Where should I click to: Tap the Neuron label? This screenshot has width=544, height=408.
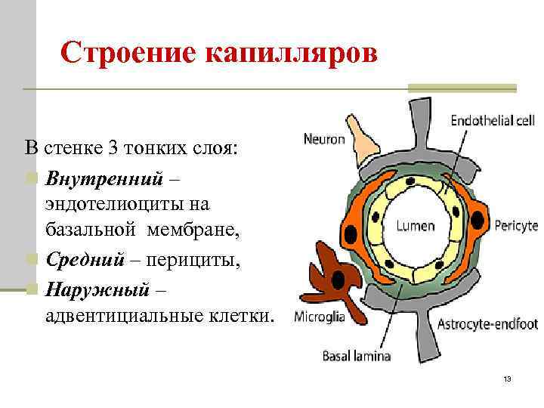tap(324, 139)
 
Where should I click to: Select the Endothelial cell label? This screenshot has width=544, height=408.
tap(493, 120)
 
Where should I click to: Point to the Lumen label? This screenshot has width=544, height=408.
tap(415, 225)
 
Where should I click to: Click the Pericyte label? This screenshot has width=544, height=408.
tap(516, 225)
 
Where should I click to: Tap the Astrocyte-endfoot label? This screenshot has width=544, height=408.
tap(487, 325)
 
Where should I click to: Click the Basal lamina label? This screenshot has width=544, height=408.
tap(357, 355)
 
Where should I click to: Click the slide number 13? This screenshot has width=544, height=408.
tap(507, 379)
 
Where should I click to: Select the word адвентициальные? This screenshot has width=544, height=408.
tap(128, 313)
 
